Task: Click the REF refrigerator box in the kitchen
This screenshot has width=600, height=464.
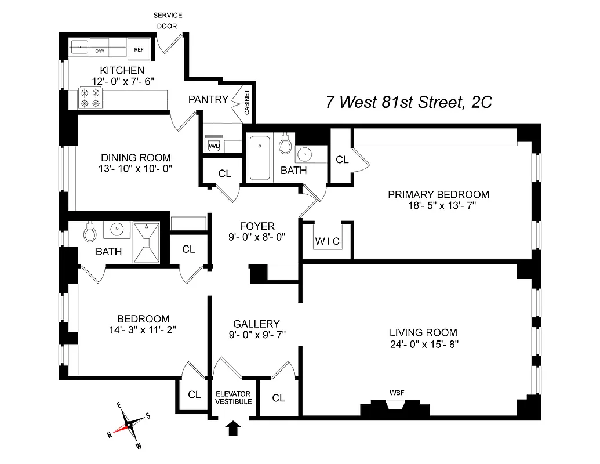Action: tap(139, 50)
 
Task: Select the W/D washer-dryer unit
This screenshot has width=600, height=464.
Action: tap(214, 146)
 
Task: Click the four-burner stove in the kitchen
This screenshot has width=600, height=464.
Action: tap(90, 98)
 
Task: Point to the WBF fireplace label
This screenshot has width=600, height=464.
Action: tap(397, 393)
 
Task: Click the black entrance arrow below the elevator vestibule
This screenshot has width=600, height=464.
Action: tap(233, 429)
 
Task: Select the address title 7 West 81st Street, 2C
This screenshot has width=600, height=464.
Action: tap(409, 102)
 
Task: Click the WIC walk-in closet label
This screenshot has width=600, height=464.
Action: tap(328, 241)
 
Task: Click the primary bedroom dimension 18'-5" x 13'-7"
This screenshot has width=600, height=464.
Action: tap(438, 206)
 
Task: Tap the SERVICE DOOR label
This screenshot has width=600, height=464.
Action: tap(167, 20)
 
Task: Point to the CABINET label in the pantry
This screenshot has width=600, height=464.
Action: tap(246, 103)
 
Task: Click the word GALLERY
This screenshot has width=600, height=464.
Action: tap(256, 324)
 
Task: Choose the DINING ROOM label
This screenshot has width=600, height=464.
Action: tap(136, 157)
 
